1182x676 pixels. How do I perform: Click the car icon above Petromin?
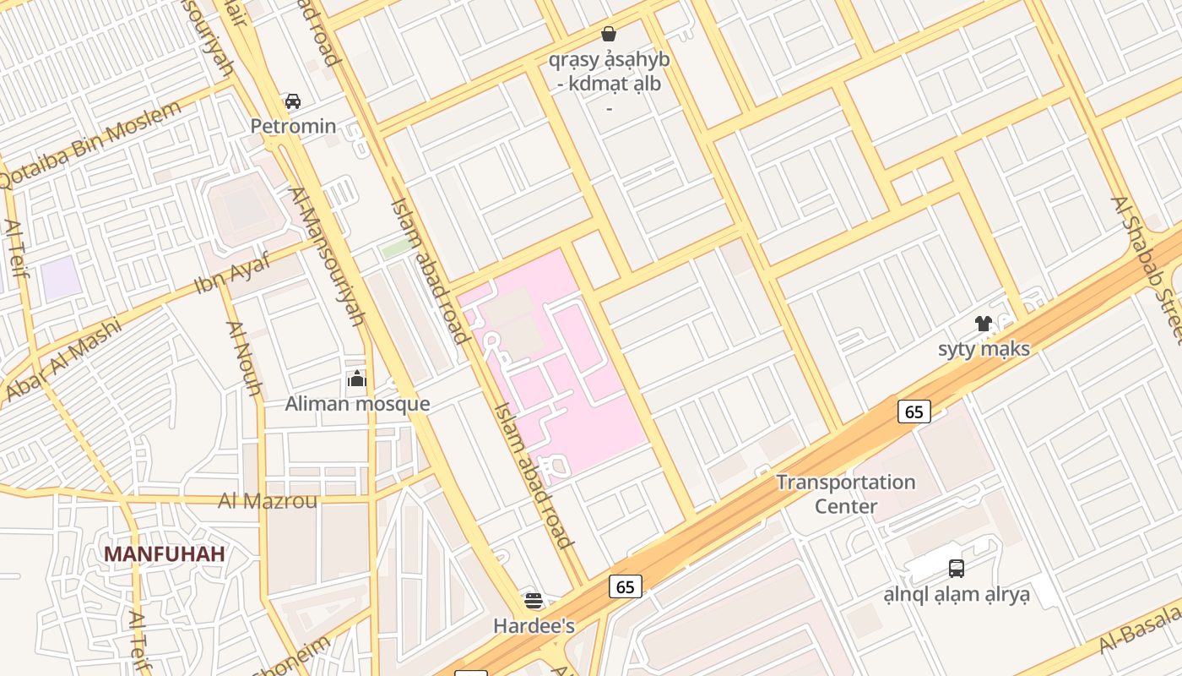coord(293,101)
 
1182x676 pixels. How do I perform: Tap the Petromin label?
coord(293,127)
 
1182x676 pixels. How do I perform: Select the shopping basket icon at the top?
coord(608,34)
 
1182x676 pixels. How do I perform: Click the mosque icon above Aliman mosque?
coord(357,379)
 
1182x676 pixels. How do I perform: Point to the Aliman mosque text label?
coord(357,404)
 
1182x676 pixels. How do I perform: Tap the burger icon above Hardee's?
coord(534,601)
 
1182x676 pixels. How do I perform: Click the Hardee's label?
coord(534,626)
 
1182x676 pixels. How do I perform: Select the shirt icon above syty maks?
coord(984,324)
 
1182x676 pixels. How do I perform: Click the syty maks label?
coord(984,348)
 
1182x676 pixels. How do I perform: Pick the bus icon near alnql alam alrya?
coord(957,569)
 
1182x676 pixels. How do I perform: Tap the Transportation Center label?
coord(846,494)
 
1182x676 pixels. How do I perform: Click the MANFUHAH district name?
coord(165,554)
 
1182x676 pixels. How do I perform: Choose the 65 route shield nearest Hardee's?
coord(626,586)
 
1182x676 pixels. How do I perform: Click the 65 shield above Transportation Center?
coord(914,412)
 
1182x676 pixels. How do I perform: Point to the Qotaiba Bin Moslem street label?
coord(91,145)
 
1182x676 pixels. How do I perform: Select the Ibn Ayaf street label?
coord(233,273)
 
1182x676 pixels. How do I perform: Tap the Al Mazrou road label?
coord(268,501)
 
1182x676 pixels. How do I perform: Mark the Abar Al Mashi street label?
coord(63,358)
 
